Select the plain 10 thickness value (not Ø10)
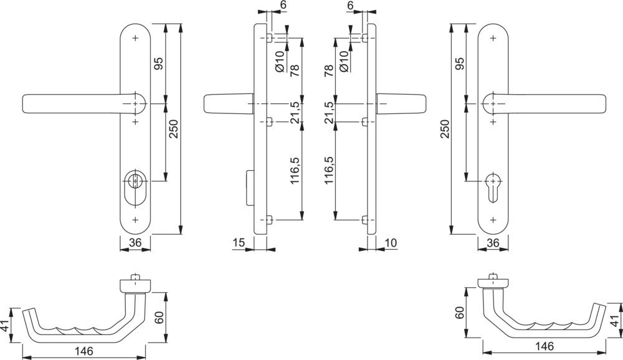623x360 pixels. (391, 243)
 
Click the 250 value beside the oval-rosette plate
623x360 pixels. (175, 129)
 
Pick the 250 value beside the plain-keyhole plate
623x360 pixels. (445, 129)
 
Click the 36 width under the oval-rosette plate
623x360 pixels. (136, 243)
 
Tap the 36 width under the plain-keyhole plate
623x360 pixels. (492, 243)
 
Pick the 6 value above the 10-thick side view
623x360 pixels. (350, 5)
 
